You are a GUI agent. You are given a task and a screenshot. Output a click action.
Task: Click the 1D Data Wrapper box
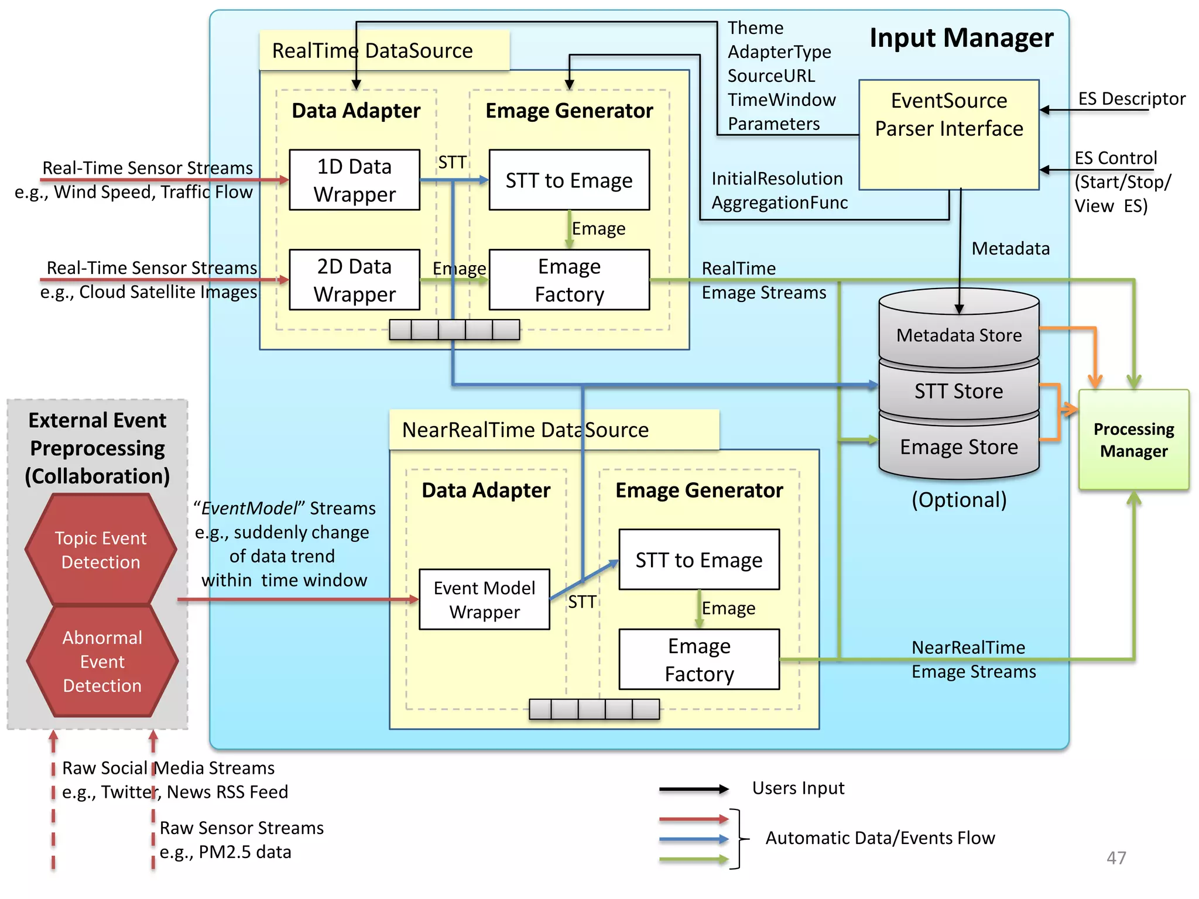[x=354, y=180]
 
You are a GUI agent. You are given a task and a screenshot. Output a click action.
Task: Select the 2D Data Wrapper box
[x=354, y=280]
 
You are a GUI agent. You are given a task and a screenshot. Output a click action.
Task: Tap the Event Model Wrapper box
[x=484, y=599]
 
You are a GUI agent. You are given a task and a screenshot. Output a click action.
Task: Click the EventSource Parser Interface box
[x=948, y=135]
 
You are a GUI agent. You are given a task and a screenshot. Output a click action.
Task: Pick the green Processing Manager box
[x=1133, y=440]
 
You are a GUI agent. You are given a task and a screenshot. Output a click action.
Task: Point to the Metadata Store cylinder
[x=958, y=335]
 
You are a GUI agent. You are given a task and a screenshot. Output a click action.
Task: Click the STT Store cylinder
[x=958, y=390]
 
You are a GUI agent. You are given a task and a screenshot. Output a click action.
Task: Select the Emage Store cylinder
[x=958, y=447]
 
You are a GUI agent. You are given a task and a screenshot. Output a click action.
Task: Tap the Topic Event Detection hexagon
[x=101, y=550]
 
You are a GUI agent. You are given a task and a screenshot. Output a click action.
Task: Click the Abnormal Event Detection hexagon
[x=102, y=661]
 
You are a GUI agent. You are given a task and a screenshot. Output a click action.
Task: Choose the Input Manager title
[x=961, y=38]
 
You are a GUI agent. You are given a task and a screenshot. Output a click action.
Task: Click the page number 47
[x=1116, y=857]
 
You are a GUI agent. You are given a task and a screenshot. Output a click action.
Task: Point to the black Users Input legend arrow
[x=693, y=789]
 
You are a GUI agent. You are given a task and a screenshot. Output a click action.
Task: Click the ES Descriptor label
[x=1131, y=98]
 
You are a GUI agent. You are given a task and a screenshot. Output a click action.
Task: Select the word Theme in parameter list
[x=755, y=28]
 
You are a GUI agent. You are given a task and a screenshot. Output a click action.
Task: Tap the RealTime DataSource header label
[x=372, y=51]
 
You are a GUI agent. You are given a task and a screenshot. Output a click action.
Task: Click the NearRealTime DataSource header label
[x=525, y=430]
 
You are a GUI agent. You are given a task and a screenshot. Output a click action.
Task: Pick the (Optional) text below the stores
[x=959, y=500]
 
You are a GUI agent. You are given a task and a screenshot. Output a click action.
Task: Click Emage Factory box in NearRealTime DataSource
[x=699, y=660]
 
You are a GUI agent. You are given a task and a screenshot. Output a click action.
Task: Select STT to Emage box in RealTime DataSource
[x=569, y=180]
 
